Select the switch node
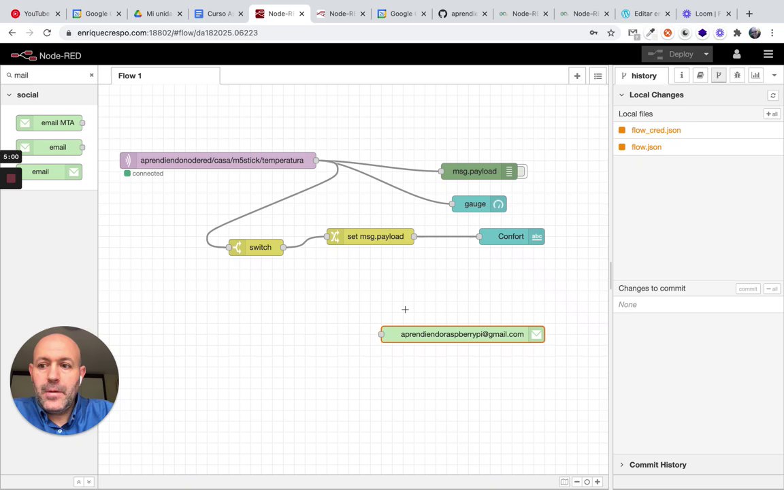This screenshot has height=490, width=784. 257,248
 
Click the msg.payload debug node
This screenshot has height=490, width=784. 476,171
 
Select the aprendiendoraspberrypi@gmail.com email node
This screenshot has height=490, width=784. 462,334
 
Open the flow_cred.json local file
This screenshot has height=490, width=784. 655,130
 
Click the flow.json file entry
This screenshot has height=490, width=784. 646,147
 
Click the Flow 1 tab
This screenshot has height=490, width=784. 130,76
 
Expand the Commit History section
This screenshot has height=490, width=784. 657,465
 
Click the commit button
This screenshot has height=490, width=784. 747,289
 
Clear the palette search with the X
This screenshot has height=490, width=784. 92,75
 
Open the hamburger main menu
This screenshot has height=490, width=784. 768,54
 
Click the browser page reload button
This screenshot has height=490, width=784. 47,33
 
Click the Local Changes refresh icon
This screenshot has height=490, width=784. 772,95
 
